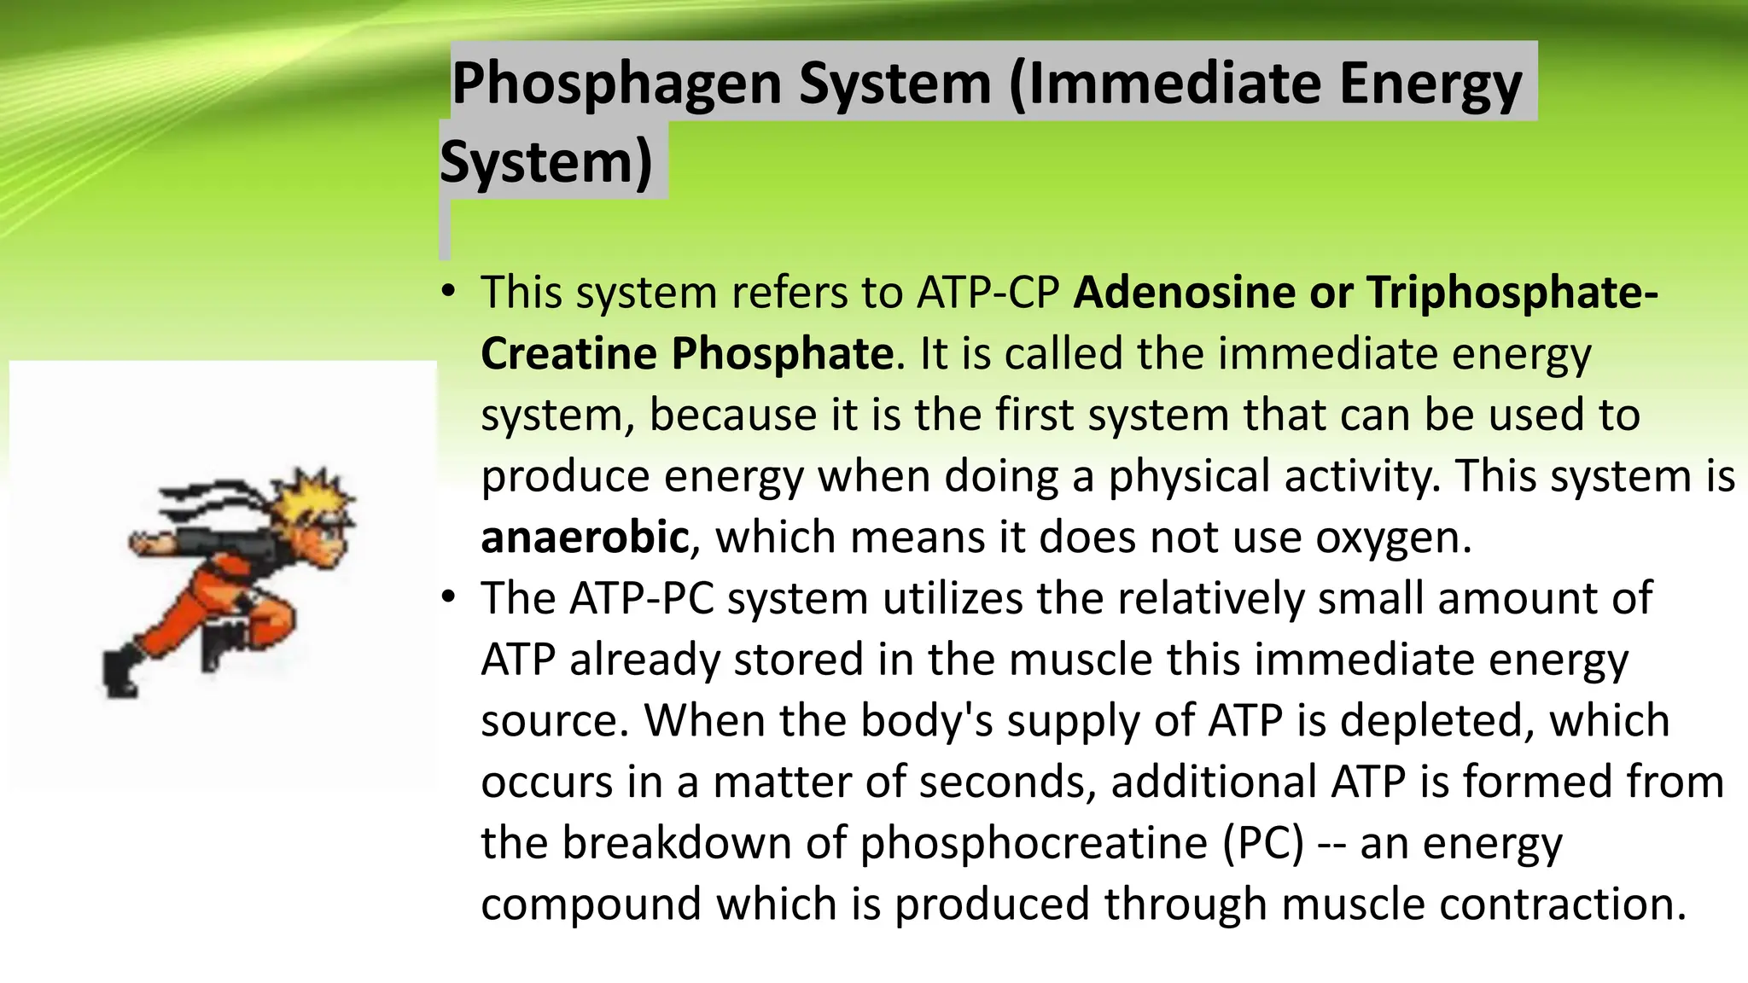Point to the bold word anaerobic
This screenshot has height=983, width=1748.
click(585, 538)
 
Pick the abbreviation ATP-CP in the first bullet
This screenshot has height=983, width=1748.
click(988, 293)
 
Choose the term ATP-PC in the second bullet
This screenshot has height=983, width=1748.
click(641, 598)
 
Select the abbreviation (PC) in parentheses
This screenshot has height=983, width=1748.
click(1262, 844)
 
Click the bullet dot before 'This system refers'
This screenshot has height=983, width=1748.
click(449, 293)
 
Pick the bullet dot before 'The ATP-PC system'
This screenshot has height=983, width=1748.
click(449, 598)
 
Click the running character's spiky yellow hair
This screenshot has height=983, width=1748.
click(314, 496)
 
